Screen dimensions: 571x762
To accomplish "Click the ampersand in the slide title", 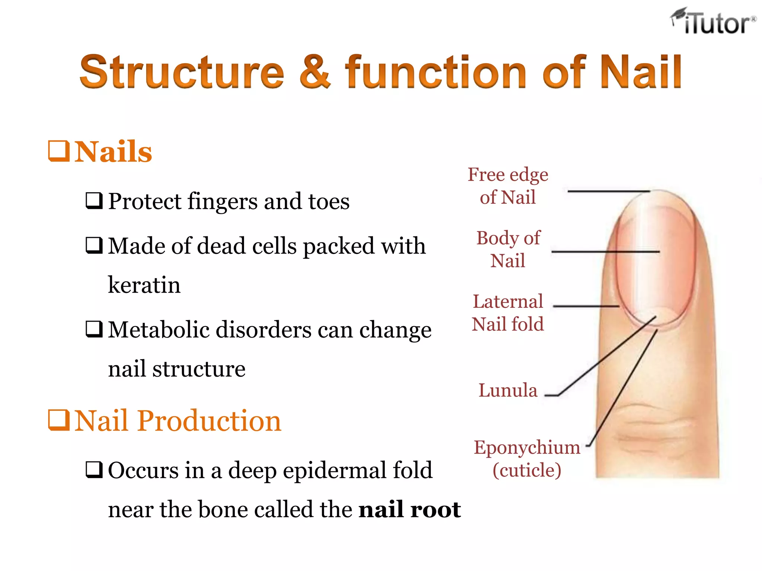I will [315, 71].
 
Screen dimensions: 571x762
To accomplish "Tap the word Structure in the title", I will [182, 71].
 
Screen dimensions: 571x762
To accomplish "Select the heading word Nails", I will [113, 152].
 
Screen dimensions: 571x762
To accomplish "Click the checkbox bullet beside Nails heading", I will [59, 151].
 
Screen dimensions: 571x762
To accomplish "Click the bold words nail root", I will [409, 509].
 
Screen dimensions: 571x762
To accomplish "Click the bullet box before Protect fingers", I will [94, 201].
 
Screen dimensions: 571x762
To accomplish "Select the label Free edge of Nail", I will [508, 186].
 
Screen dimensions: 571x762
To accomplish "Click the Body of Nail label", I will [508, 249].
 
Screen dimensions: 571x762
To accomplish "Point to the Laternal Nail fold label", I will [508, 313].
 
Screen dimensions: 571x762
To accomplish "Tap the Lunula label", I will [508, 390].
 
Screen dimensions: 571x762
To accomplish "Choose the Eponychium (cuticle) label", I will [527, 459].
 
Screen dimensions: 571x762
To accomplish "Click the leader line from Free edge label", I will [608, 191].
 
